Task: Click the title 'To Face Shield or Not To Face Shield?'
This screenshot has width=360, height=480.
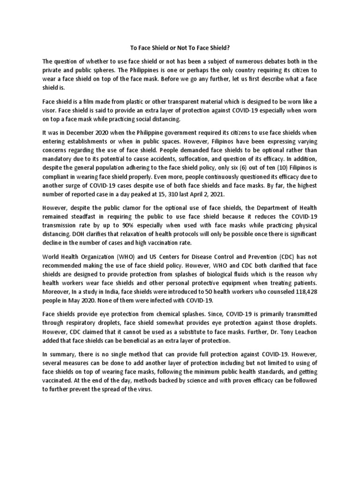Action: [x=180, y=47]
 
